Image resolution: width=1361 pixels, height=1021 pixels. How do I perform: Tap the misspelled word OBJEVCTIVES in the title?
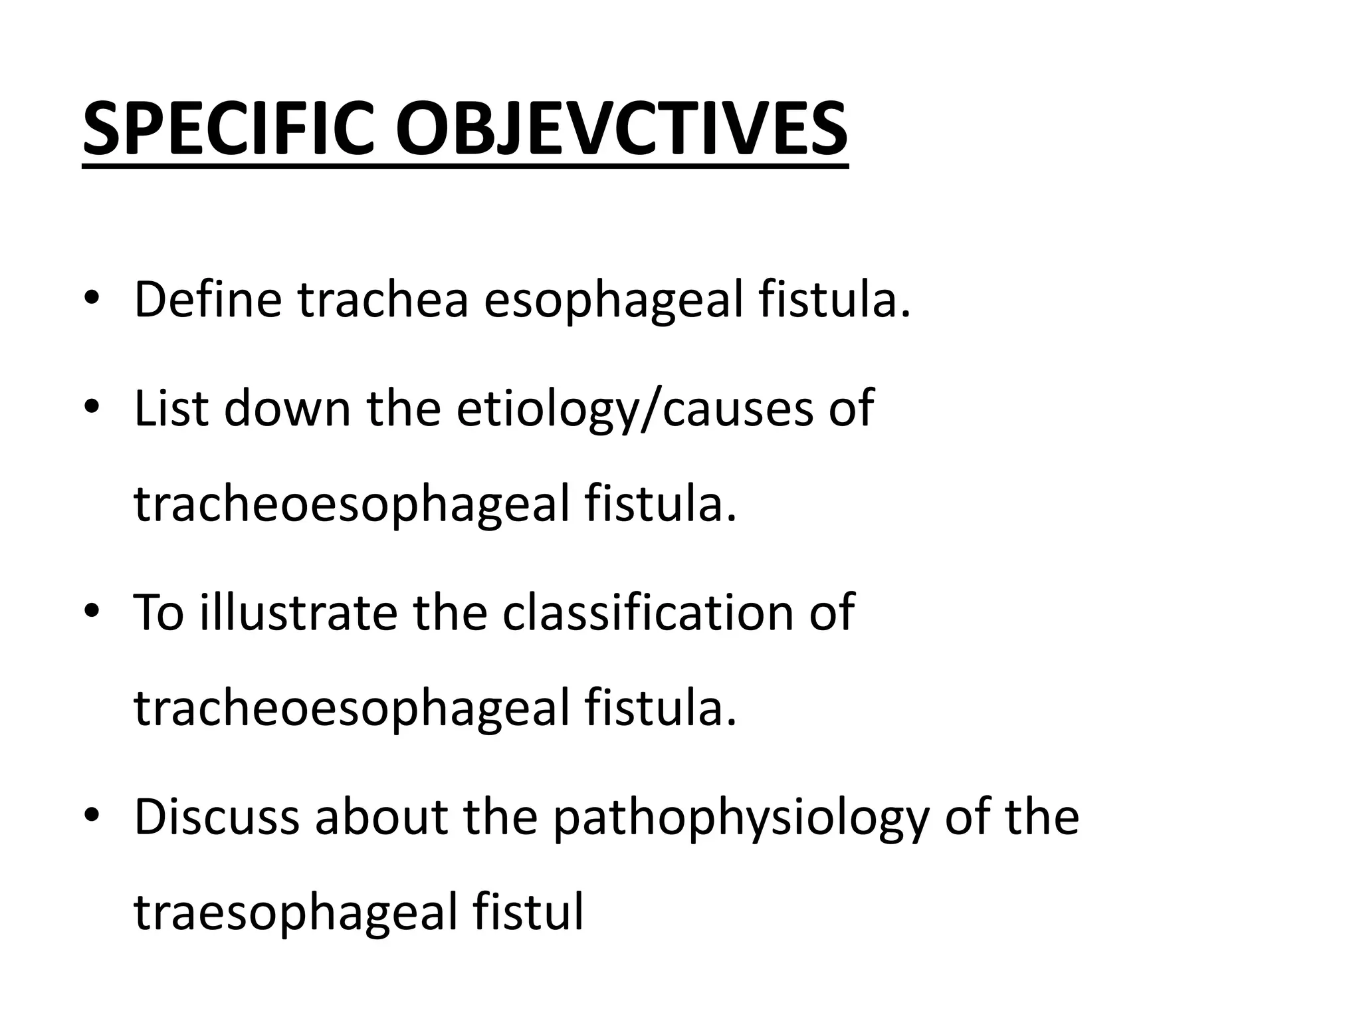[x=622, y=129]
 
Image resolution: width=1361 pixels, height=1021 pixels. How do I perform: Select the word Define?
[x=208, y=300]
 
